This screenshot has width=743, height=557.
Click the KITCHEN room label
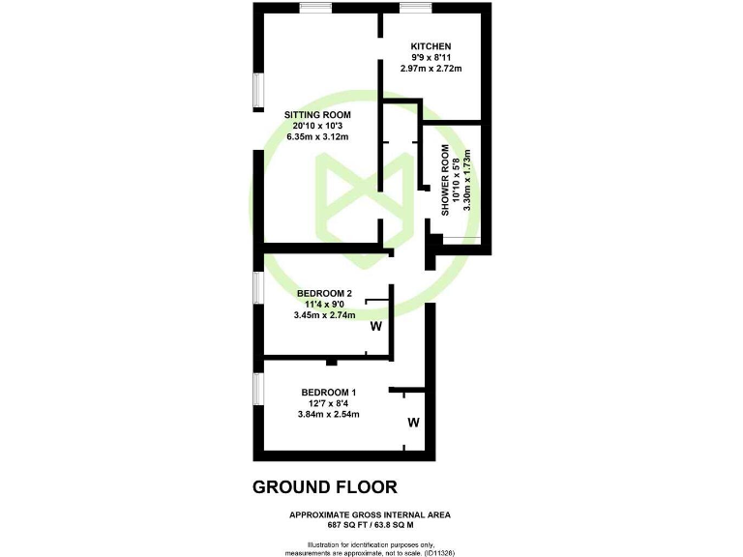431,47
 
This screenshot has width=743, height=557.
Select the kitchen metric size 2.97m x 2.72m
431,69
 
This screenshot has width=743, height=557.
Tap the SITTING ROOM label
317,115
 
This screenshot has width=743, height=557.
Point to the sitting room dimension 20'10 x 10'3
317,127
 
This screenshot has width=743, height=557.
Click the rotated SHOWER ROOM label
446,180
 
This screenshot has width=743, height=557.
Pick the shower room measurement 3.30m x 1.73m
467,180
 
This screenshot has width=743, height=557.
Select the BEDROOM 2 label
324,293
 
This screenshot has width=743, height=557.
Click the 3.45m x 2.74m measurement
324,315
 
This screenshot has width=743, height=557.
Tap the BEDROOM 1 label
328,392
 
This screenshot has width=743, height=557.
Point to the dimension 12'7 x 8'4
328,403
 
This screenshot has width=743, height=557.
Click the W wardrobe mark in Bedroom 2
376,326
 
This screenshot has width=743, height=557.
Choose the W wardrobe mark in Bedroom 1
413,423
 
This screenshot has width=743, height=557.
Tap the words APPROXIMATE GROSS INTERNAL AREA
371,513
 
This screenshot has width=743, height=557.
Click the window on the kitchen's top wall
416,8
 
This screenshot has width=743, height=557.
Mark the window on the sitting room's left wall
257,90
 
